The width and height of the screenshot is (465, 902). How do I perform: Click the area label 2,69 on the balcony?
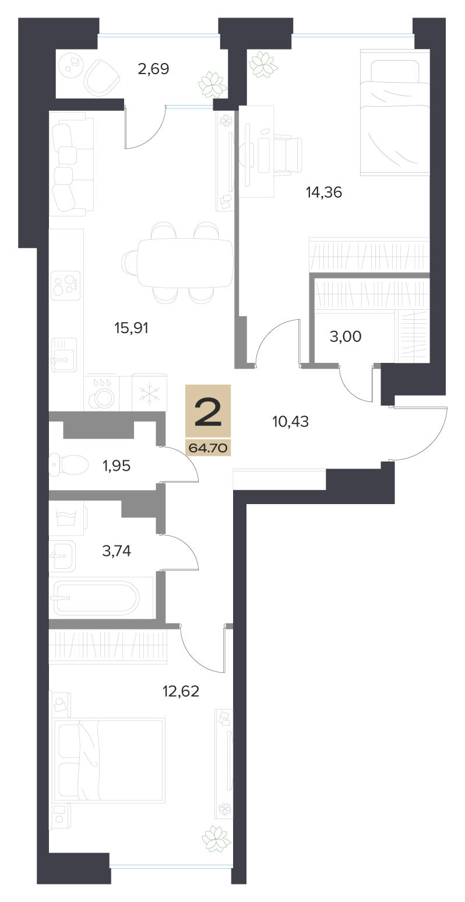(x=153, y=69)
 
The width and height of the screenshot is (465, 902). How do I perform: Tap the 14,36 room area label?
(x=324, y=193)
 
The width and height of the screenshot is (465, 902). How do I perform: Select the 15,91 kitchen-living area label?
(x=131, y=328)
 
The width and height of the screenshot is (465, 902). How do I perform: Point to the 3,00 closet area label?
(x=346, y=336)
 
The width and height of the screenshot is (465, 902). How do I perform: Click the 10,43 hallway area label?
(x=290, y=422)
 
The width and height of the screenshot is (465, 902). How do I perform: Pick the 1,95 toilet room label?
(x=117, y=466)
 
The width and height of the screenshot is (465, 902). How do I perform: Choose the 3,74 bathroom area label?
(x=117, y=550)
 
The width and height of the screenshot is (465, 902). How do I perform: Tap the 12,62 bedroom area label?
(x=181, y=691)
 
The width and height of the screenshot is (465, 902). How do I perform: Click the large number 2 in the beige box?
(x=208, y=411)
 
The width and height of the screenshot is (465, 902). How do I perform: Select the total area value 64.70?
(x=208, y=447)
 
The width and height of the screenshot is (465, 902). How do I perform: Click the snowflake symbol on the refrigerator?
(x=149, y=393)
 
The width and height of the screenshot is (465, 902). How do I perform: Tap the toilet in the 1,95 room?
(x=68, y=466)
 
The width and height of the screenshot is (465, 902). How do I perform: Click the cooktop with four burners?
(x=66, y=284)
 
